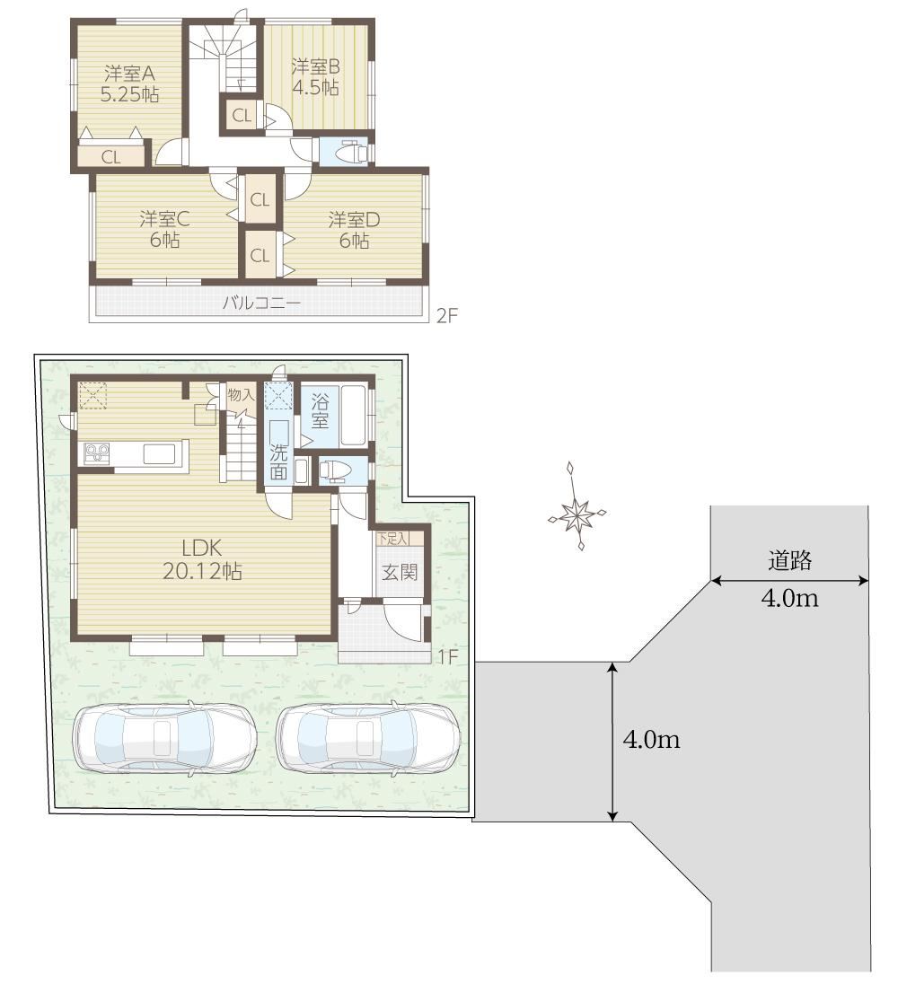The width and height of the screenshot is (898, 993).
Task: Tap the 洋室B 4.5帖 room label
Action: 315,76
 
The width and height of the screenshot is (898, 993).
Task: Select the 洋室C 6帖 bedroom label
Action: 164,229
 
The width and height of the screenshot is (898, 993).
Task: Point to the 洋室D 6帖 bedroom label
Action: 354,230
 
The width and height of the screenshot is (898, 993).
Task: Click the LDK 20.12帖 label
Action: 202,559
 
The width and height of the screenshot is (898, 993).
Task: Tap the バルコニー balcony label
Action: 261,303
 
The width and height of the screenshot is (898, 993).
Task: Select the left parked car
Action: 164,738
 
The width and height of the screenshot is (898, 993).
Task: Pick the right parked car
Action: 368,738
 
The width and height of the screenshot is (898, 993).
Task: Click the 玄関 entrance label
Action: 400,573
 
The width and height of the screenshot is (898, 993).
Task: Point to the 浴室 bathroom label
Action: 320,411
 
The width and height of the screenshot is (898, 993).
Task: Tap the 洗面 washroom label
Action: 278,461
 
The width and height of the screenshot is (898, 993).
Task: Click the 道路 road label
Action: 789,560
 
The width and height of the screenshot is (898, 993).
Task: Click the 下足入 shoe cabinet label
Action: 392,539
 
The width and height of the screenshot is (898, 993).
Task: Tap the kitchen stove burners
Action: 97,454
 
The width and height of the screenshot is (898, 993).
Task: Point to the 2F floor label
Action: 446,315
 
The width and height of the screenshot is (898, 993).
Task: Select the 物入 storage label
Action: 241,395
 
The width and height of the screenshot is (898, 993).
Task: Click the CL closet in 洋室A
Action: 110,156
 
